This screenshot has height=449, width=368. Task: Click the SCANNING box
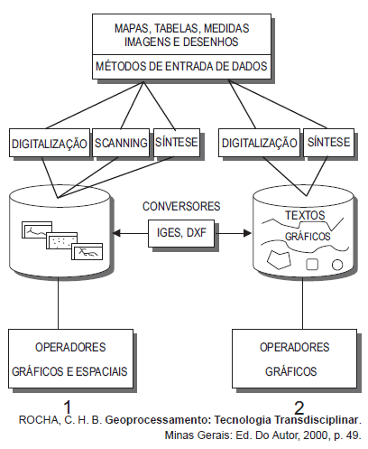point(121,143)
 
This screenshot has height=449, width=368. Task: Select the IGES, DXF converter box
point(181,233)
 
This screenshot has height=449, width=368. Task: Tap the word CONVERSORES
point(181,206)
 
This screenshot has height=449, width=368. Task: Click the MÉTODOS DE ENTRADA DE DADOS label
point(181,66)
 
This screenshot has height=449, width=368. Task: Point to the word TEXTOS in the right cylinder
point(305,215)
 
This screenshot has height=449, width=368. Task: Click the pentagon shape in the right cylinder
point(279,259)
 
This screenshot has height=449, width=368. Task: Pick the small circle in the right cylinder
point(337,265)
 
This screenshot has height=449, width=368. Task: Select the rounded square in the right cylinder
point(312,265)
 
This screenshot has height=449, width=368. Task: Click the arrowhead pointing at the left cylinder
point(116,233)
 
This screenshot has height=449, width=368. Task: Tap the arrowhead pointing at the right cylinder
point(247,233)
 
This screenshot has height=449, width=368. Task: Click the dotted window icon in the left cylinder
point(62,240)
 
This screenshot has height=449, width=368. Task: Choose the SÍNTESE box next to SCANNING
point(177,143)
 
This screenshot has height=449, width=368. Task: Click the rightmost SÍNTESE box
point(328,143)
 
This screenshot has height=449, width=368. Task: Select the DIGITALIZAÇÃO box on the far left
point(50,143)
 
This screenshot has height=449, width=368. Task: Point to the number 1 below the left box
point(68,407)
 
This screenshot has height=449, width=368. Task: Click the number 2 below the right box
point(299,408)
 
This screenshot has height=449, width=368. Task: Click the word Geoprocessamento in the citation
point(158,420)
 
